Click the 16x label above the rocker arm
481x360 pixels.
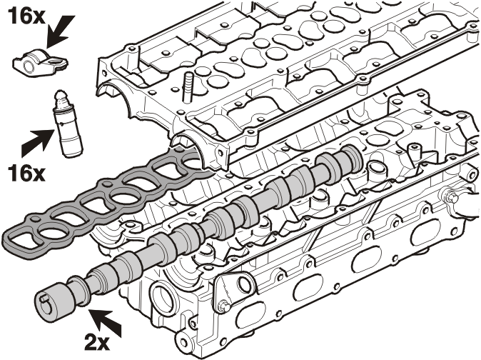26,16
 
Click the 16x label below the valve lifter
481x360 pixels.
26,173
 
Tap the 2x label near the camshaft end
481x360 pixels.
97,343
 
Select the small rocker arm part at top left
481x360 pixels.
40,62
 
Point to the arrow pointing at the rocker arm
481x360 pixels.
61,31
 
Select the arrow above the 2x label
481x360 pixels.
105,323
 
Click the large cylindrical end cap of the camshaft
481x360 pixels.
54,302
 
